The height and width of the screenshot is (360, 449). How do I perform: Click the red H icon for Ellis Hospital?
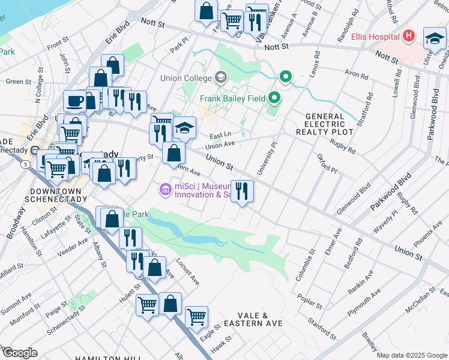pos(409,36)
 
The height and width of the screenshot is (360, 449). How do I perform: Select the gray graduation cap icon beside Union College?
pos(220,77)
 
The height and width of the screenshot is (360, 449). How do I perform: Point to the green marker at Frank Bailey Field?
pos(274,97)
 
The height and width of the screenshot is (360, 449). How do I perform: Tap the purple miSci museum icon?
pos(164,190)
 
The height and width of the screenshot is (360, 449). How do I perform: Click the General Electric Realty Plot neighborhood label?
pos(325,124)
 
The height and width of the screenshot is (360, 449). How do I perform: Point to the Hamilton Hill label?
pos(99,358)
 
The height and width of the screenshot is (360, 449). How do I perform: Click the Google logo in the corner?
pos(20,352)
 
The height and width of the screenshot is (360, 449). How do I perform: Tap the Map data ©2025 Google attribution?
pos(412,355)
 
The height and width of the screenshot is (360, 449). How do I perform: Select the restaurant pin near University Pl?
pos(242,191)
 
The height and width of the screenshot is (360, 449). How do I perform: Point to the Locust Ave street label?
pos(187,271)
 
